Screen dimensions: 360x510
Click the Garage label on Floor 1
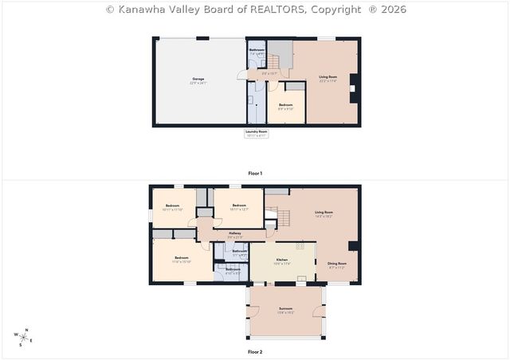[198, 79]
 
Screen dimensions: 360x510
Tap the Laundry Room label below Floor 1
[257, 131]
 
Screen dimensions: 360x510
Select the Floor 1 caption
[255, 173]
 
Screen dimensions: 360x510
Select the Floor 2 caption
[255, 351]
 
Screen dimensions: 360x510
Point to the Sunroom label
[285, 308]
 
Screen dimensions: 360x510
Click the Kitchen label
[281, 260]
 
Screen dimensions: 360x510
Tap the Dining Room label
[338, 264]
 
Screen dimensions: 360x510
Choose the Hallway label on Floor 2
[235, 233]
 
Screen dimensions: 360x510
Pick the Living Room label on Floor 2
[324, 212]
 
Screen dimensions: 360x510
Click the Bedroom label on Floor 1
[285, 105]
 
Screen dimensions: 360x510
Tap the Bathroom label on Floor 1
[257, 50]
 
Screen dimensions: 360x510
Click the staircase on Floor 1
[274, 61]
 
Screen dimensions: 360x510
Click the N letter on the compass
[27, 330]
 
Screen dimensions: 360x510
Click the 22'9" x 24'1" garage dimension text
[198, 83]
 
